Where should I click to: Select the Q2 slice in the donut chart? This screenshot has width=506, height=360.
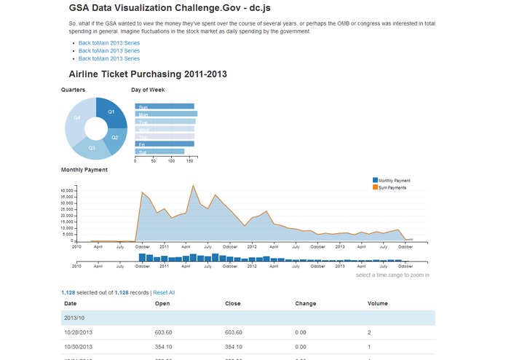114,137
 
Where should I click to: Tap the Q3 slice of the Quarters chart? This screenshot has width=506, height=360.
92,148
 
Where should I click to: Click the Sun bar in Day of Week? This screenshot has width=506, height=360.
164,106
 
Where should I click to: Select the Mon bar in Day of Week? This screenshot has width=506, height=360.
166,114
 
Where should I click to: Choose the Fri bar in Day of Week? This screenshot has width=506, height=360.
164,144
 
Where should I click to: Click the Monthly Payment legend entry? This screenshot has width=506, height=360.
394,180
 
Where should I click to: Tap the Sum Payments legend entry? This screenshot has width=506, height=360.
392,187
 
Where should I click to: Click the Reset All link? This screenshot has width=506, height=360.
164,292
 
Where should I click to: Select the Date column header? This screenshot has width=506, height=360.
71,303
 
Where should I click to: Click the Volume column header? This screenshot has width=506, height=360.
378,303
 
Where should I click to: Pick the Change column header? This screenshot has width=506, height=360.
306,303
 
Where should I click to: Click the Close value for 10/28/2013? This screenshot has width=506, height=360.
234,332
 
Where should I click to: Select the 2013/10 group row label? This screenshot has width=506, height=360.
75,318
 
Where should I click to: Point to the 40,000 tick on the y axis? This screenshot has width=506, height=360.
67,191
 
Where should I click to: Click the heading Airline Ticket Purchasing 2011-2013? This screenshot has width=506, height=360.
148,74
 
